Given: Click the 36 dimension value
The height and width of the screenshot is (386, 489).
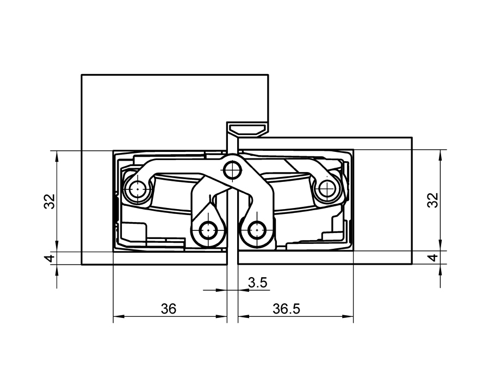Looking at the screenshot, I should pyautogui.click(x=169, y=309).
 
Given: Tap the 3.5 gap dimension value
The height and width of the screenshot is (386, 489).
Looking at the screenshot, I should pyautogui.click(x=257, y=283).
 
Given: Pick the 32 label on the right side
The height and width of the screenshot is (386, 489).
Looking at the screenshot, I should pyautogui.click(x=432, y=200).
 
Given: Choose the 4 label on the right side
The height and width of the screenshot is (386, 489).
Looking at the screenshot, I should pyautogui.click(x=432, y=258).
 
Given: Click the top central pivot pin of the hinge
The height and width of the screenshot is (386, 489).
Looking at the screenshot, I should pyautogui.click(x=232, y=170).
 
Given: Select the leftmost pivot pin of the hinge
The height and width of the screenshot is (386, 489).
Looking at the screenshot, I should pyautogui.click(x=137, y=190).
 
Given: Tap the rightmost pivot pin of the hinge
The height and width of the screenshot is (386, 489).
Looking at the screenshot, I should pyautogui.click(x=326, y=189).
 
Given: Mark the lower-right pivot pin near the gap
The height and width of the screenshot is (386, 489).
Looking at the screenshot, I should pyautogui.click(x=256, y=231).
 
